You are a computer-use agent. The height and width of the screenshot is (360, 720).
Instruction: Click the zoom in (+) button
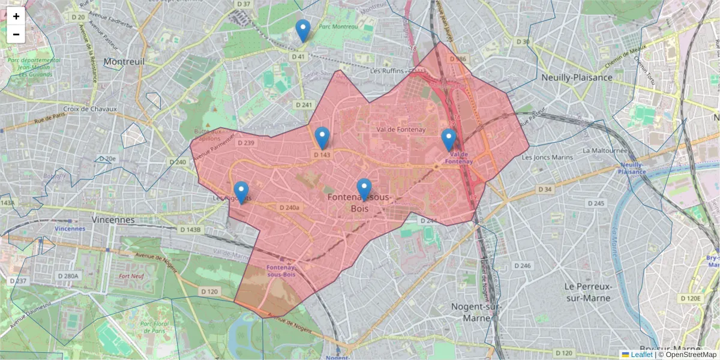(16, 17)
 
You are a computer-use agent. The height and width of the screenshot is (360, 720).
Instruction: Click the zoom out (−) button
(16, 34)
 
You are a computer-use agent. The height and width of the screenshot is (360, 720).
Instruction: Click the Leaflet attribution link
(641, 355)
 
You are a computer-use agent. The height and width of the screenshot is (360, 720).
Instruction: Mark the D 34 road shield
(544, 190)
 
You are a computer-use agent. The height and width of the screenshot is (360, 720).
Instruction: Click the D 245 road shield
(596, 203)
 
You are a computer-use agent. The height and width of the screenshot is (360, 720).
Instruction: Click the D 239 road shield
(246, 143)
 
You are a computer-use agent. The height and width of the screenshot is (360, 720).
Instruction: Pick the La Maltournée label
(609, 151)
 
